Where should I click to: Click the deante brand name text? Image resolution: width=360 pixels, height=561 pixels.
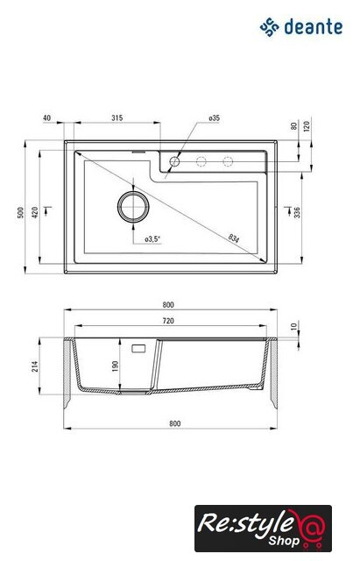click(x=314, y=27)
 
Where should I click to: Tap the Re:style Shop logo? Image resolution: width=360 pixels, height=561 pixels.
click(x=263, y=528)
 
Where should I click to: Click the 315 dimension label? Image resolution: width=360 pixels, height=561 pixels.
click(x=116, y=117)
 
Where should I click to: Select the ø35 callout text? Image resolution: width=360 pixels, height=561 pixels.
click(x=214, y=117)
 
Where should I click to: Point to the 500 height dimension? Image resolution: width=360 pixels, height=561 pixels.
click(x=20, y=212)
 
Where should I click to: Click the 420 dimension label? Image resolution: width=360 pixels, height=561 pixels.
click(x=35, y=212)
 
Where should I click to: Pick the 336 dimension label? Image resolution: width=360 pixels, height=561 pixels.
click(x=297, y=212)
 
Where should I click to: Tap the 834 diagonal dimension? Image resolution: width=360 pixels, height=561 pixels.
click(x=234, y=238)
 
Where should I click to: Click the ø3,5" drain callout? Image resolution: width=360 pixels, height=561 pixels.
click(x=152, y=239)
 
